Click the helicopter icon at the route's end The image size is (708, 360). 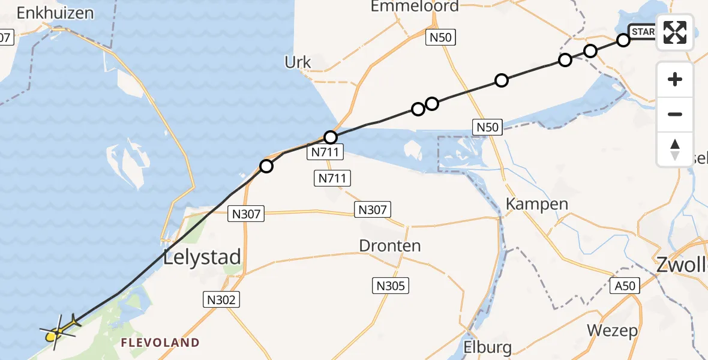point(59,329)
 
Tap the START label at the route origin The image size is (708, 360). point(642,31)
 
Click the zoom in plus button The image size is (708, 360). point(675,79)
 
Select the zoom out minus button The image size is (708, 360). point(675,114)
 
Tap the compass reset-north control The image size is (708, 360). point(675,149)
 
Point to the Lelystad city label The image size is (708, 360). point(202,257)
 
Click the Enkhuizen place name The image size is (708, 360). point(56,13)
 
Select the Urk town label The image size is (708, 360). point(298,62)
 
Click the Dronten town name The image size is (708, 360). point(390,245)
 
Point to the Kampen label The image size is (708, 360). point(537,203)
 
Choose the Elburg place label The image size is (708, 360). point(488,347)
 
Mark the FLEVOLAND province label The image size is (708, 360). point(160,343)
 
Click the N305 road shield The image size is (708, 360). point(391,286)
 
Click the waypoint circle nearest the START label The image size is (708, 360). point(623,40)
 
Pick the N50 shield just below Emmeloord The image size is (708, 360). point(441,37)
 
